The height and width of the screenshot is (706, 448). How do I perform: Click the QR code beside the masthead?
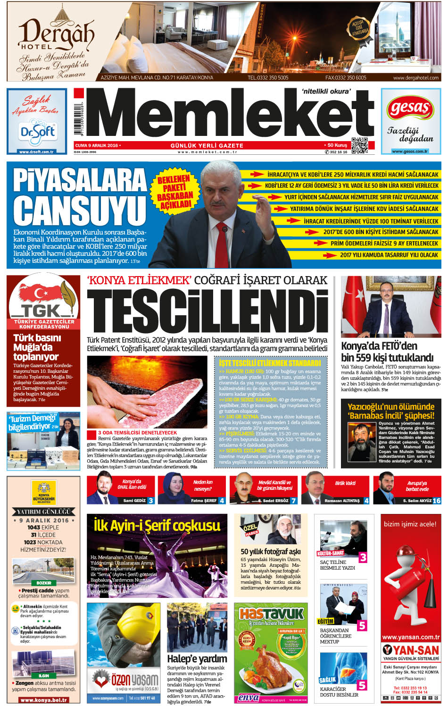359,145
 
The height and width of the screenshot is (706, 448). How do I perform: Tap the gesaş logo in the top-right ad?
410,109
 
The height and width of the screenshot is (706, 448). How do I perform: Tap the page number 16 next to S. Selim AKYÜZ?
436,500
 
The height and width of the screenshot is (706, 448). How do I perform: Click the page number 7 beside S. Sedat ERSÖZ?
293,500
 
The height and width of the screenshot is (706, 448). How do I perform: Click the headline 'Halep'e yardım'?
197,658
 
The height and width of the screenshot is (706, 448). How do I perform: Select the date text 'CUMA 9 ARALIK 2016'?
97,145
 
